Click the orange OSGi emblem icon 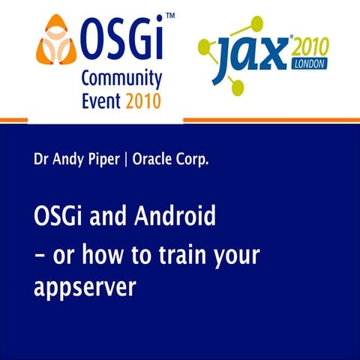[x=55, y=42]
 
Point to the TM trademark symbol [x=171, y=16]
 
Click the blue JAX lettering [x=247, y=53]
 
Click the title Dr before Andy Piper [x=42, y=160]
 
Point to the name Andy [x=69, y=160]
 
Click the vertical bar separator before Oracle [x=126, y=160]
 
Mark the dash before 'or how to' [x=40, y=255]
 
